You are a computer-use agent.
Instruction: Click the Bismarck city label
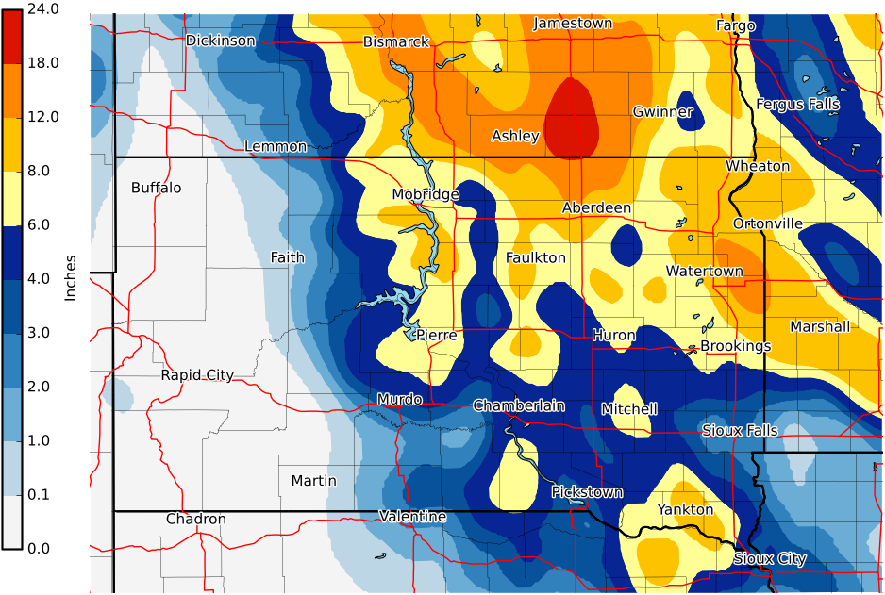pos(396,41)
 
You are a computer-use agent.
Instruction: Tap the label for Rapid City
pos(196,374)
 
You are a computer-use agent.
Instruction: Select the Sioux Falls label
pos(740,430)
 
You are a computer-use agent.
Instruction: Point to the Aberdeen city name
pos(596,207)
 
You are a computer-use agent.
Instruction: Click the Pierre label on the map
pos(436,335)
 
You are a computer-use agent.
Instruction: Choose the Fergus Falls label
pos(797,104)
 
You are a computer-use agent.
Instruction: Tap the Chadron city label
pos(196,519)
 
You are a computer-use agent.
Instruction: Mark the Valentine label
pos(412,516)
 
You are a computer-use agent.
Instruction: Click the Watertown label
pos(704,271)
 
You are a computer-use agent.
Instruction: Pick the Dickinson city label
pos(220,41)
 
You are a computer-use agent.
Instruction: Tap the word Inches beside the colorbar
pos(70,278)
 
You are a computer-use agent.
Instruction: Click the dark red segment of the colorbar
pos(11,36)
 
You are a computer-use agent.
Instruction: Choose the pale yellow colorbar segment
pos(11,198)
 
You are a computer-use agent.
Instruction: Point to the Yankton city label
pos(686,509)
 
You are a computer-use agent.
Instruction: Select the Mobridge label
pos(426,194)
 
